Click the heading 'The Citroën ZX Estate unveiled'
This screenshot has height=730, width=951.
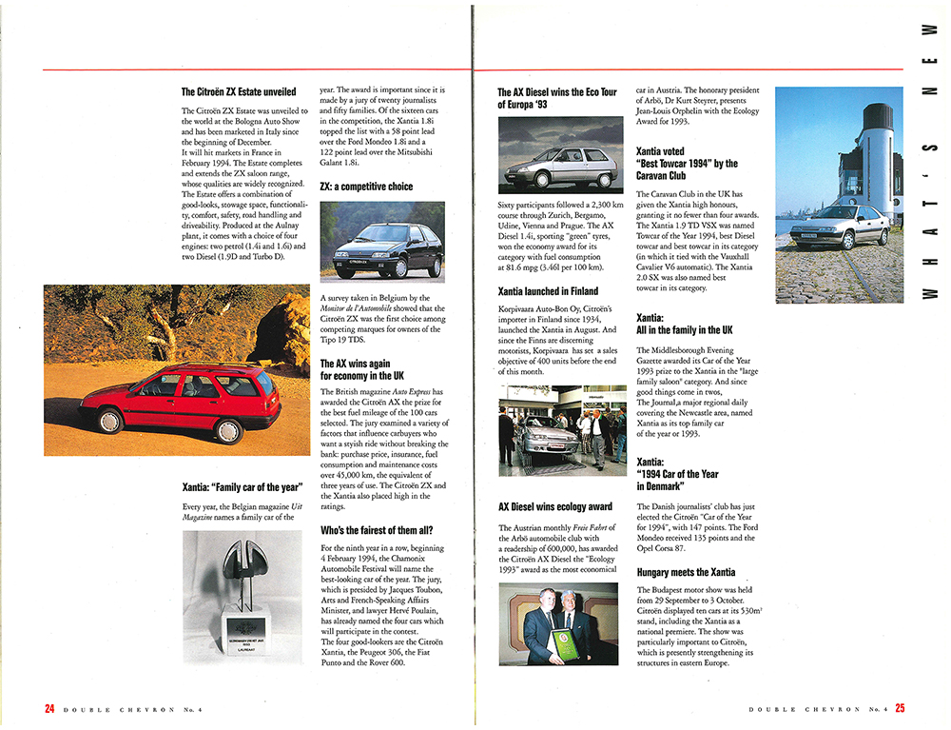click(x=238, y=92)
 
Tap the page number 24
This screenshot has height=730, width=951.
click(x=49, y=708)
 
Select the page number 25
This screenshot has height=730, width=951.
click(x=899, y=708)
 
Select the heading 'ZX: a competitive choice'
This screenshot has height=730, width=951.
click(x=366, y=187)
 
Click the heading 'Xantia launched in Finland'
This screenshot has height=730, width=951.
click(x=548, y=291)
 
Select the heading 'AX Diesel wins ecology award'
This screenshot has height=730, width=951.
click(x=555, y=507)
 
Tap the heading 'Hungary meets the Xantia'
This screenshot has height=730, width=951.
click(x=685, y=572)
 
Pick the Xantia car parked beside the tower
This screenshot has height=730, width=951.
click(x=841, y=226)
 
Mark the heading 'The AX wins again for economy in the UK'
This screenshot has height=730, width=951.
click(x=362, y=369)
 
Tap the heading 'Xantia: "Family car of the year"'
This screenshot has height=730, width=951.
click(x=243, y=487)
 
